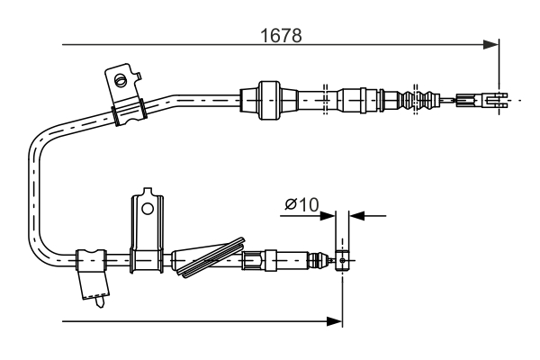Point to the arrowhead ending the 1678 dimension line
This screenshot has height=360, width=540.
click(491, 43)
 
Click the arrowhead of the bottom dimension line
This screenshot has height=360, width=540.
click(336, 320)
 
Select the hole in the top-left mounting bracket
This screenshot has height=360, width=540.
click(119, 79)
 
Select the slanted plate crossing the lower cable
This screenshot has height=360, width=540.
click(212, 258)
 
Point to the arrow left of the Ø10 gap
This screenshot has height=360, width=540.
click(328, 215)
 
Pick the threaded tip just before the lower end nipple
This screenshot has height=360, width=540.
click(317, 261)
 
